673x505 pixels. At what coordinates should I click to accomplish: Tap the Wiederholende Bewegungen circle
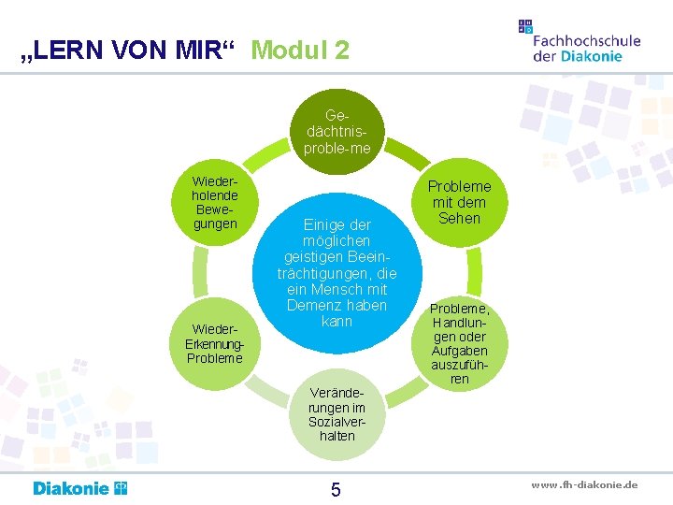click(x=214, y=201)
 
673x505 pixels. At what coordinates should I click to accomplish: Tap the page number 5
click(x=336, y=489)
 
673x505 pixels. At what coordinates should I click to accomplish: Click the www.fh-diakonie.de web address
click(x=584, y=484)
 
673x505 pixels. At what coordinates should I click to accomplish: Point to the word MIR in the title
click(x=200, y=50)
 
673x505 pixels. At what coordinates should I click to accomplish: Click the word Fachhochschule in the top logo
click(x=586, y=40)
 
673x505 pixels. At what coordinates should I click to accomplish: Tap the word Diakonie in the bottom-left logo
click(x=71, y=488)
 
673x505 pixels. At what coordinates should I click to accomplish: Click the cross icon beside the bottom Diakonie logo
click(x=120, y=487)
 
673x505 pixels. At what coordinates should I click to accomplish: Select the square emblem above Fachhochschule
click(x=525, y=26)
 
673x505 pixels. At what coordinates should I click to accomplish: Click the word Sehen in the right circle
click(x=459, y=219)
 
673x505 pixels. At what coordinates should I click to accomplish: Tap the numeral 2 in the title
click(x=340, y=50)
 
